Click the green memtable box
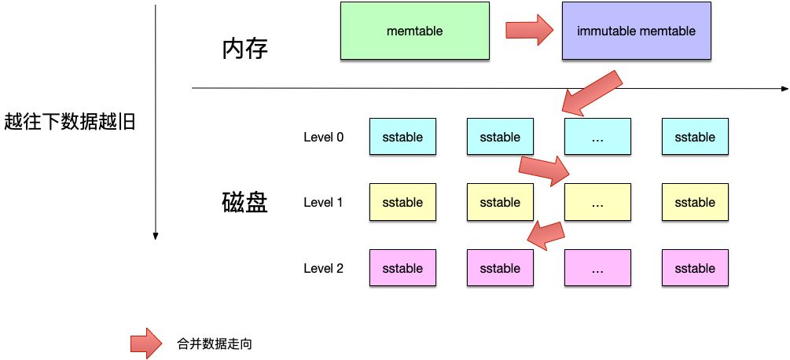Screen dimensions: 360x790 coord(415,31)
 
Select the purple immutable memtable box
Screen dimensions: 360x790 coord(636,31)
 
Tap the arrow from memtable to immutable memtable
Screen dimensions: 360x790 coord(529,30)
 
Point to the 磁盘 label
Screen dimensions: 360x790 coord(245,203)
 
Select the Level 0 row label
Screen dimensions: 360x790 coord(323,137)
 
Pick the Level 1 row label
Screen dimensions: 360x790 coord(323,203)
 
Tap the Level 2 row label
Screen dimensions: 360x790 coord(323,268)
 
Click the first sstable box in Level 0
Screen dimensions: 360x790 coord(402,137)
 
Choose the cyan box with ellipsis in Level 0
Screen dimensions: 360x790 coord(597,137)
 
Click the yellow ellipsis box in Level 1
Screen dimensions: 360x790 coord(597,203)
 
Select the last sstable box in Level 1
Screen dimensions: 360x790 coord(695,203)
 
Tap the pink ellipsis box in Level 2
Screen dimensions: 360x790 coord(597,268)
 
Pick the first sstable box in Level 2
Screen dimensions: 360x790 coord(402,268)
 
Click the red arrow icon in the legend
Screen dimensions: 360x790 coord(145,343)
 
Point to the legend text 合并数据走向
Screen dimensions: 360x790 coord(215,343)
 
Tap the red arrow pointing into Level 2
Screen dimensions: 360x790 coord(546,233)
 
